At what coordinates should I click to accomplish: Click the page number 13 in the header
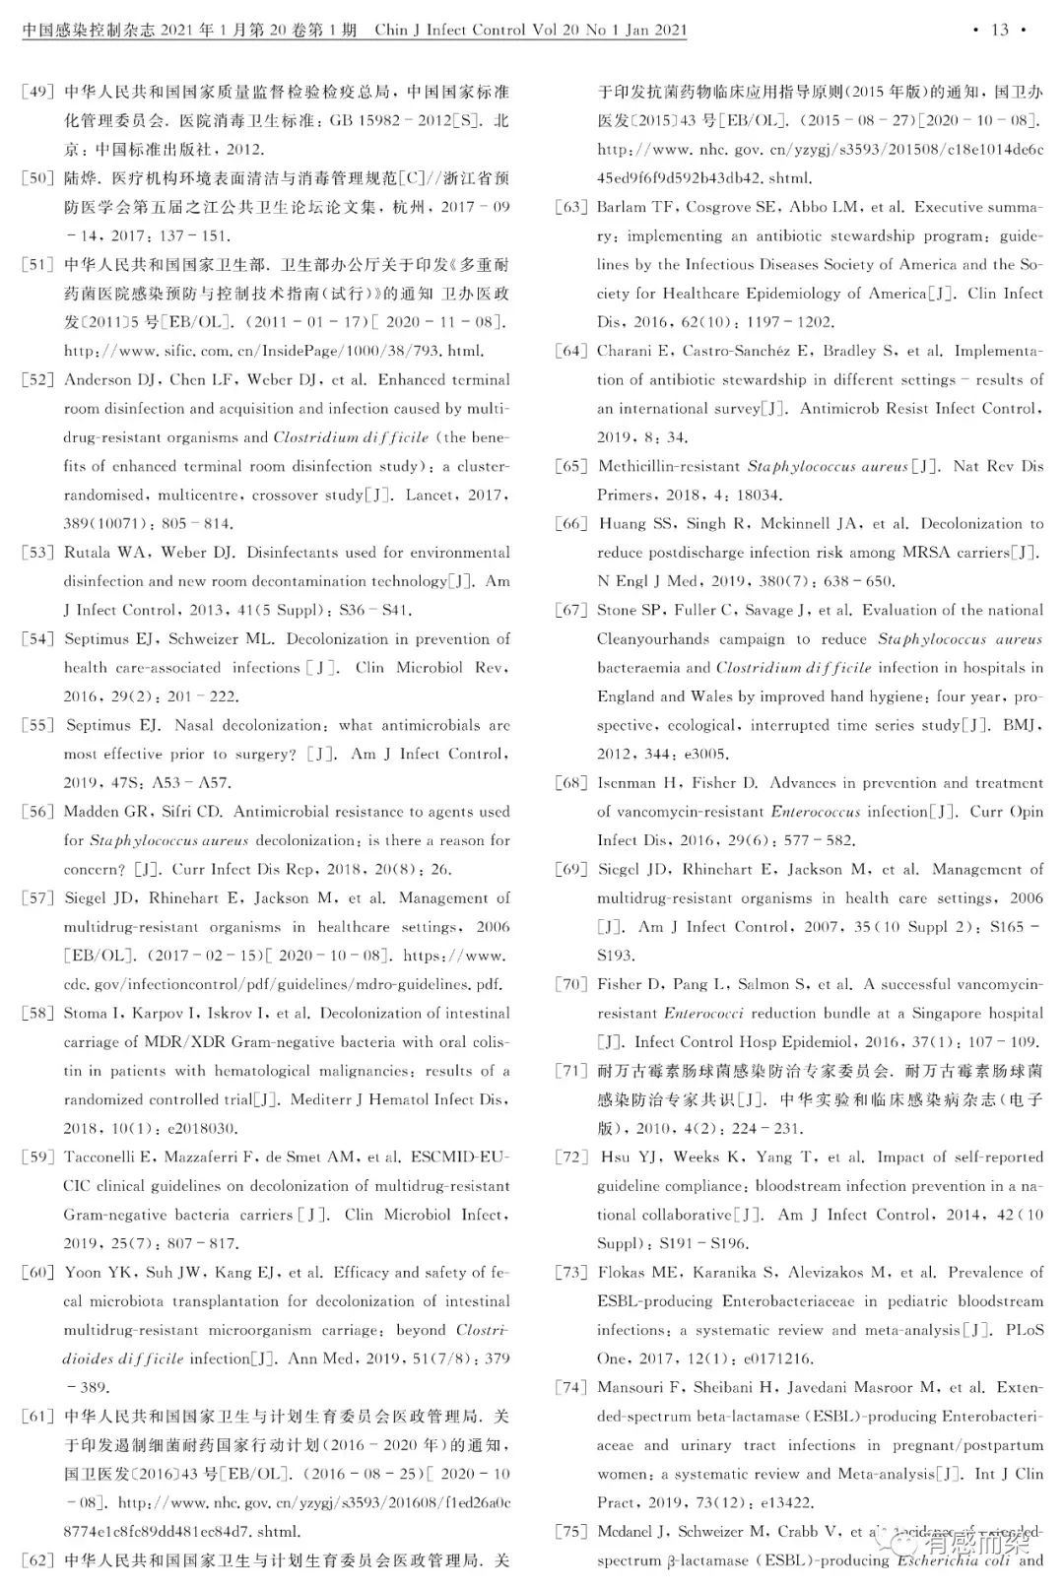(x=999, y=30)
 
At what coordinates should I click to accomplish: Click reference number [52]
(x=37, y=380)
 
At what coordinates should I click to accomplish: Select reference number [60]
(x=37, y=1273)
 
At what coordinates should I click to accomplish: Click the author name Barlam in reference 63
(x=622, y=208)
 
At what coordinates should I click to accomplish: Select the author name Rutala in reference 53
(x=88, y=553)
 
